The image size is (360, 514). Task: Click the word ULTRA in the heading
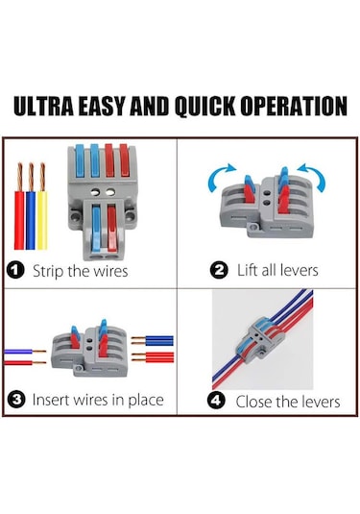[x=43, y=106]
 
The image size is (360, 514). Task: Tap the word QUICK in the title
[x=204, y=107]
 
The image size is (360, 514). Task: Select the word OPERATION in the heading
[x=294, y=106]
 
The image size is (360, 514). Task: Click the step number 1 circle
[x=15, y=271]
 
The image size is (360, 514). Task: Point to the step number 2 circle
[x=219, y=271]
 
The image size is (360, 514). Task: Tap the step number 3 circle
[x=16, y=400]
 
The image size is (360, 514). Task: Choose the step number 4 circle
[x=216, y=400]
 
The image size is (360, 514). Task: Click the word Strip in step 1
[x=48, y=272]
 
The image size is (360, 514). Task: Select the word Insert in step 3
[x=51, y=400]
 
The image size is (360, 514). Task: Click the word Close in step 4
[x=253, y=402]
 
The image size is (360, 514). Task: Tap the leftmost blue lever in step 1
[x=80, y=161]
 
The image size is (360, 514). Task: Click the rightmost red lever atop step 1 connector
[x=124, y=160]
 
